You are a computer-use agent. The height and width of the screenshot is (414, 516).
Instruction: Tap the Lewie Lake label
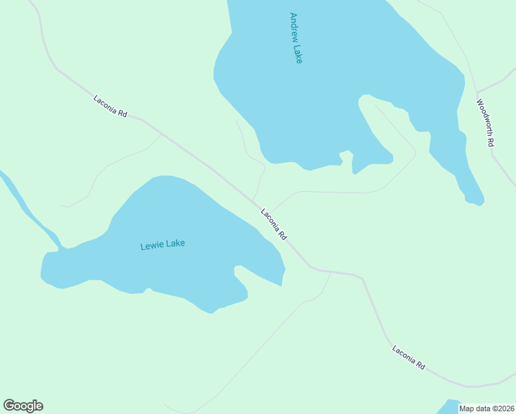(x=163, y=244)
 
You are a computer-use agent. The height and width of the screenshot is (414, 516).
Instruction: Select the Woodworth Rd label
(x=486, y=122)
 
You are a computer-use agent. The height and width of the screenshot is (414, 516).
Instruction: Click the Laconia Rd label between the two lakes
(x=274, y=224)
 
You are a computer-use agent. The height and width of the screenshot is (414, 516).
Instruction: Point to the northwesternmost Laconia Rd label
(x=110, y=106)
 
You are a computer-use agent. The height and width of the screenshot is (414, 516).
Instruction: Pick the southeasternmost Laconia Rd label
(x=408, y=357)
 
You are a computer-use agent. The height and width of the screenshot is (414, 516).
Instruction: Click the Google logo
(x=23, y=406)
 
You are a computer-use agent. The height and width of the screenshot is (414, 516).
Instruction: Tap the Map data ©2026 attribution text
(x=486, y=408)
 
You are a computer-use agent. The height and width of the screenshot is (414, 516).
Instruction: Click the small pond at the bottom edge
(x=450, y=406)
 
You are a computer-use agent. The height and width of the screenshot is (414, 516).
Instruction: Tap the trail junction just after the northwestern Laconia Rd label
(x=161, y=134)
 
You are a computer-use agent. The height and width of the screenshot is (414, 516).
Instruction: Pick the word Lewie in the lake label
(x=151, y=246)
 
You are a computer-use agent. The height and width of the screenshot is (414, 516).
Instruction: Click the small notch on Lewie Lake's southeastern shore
(x=237, y=269)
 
